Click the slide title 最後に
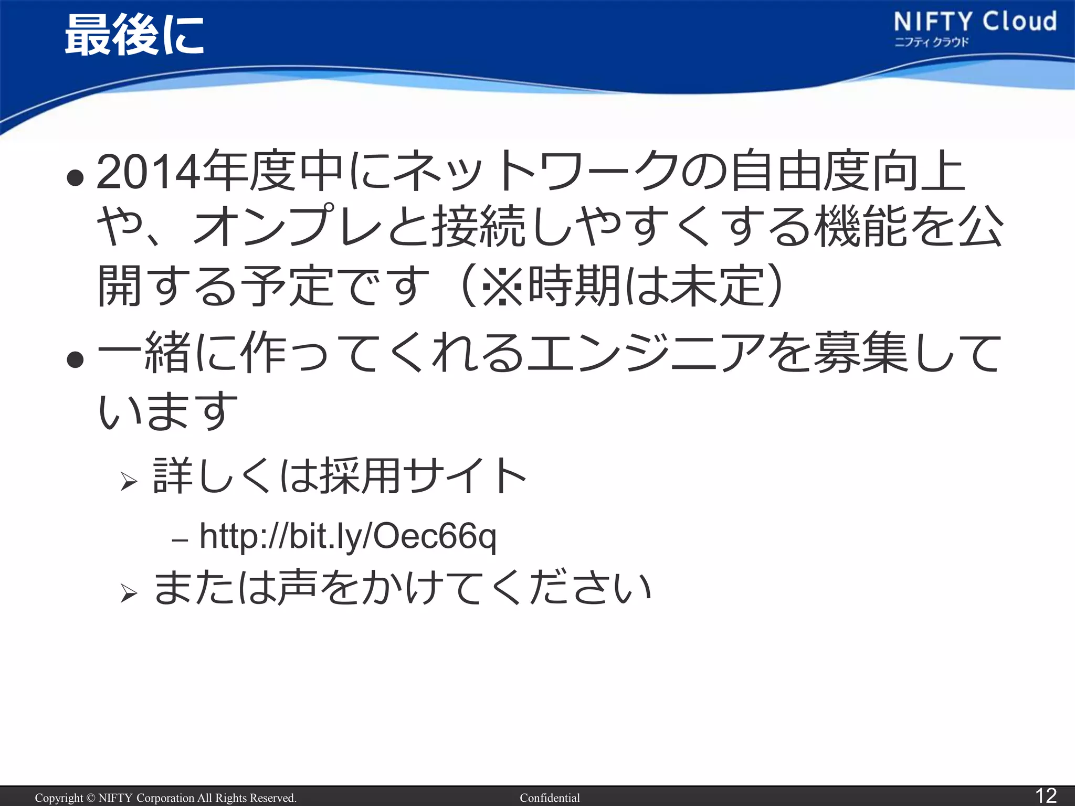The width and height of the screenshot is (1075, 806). pyautogui.click(x=134, y=36)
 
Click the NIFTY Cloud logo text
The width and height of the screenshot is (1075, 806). pyautogui.click(x=975, y=22)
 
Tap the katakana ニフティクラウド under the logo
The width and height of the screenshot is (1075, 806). pyautogui.click(x=931, y=43)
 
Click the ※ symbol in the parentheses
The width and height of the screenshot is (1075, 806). pyautogui.click(x=502, y=287)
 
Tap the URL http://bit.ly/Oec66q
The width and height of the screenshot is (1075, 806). pyautogui.click(x=347, y=536)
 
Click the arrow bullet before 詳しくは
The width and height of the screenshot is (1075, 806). pyautogui.click(x=129, y=481)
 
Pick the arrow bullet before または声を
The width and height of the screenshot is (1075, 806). pyautogui.click(x=129, y=593)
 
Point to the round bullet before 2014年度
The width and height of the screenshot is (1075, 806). pyautogui.click(x=76, y=178)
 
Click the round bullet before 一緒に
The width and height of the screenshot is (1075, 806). pyautogui.click(x=76, y=359)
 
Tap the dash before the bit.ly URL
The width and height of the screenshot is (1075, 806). pyautogui.click(x=180, y=540)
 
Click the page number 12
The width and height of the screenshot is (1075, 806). pyautogui.click(x=1045, y=796)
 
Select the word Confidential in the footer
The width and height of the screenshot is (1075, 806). pyautogui.click(x=550, y=798)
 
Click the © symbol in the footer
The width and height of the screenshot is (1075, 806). pyautogui.click(x=91, y=798)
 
